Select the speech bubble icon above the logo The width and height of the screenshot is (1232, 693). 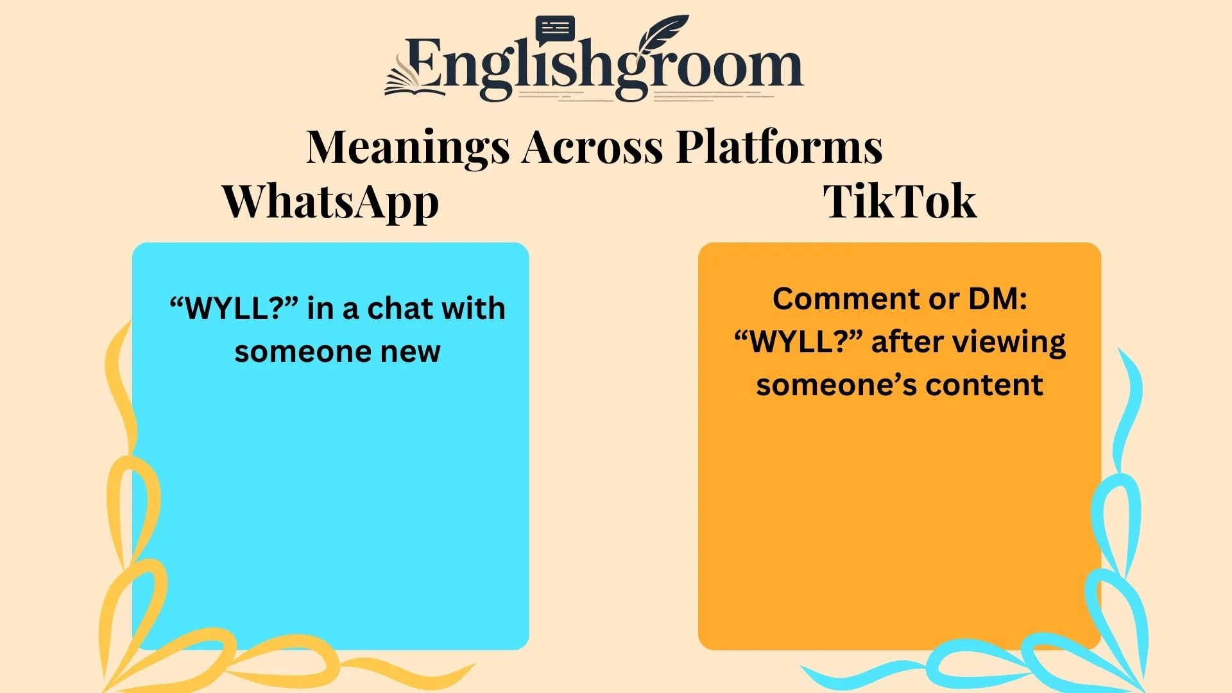pyautogui.click(x=555, y=30)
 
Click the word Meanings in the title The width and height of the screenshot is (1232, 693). pyautogui.click(x=408, y=148)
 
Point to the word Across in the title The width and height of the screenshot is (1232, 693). pyautogui.click(x=592, y=148)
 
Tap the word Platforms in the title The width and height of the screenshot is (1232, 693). pyautogui.click(x=780, y=148)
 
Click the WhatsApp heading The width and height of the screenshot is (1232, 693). pyautogui.click(x=330, y=203)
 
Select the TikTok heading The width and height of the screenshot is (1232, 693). pyautogui.click(x=900, y=201)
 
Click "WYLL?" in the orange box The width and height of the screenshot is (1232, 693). pyautogui.click(x=799, y=342)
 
